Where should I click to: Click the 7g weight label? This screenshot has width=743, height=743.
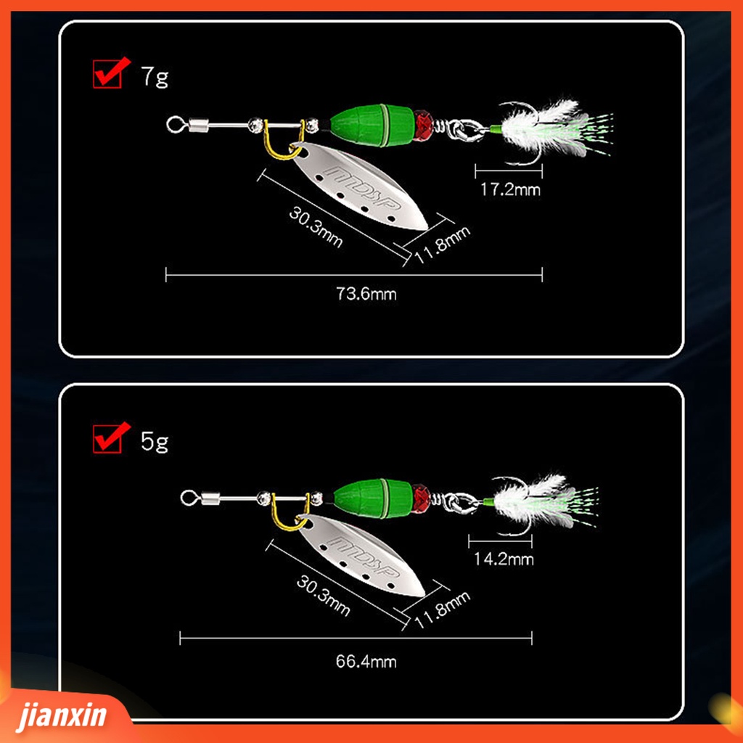tap(155, 76)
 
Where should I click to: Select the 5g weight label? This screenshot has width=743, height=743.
tap(155, 442)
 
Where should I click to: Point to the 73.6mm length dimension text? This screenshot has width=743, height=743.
tap(366, 294)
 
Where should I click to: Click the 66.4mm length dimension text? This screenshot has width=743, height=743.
tap(366, 662)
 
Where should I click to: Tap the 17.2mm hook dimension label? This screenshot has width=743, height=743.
tap(510, 189)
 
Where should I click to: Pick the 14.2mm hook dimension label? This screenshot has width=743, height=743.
tap(504, 559)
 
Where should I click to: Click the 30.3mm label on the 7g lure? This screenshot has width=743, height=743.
tap(316, 227)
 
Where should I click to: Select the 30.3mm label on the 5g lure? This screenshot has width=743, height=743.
tap(323, 595)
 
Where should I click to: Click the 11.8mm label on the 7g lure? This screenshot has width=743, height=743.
tap(443, 245)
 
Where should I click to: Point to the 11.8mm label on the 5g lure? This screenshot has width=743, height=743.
tap(443, 609)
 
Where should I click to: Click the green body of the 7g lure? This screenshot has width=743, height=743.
tap(372, 126)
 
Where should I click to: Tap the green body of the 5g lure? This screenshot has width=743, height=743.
tap(373, 498)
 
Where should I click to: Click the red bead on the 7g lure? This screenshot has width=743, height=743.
tap(424, 125)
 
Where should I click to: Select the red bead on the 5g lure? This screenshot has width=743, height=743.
tap(420, 498)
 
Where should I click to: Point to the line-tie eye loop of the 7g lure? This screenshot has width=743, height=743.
tap(174, 125)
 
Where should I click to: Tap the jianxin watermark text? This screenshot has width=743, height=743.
tap(62, 715)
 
